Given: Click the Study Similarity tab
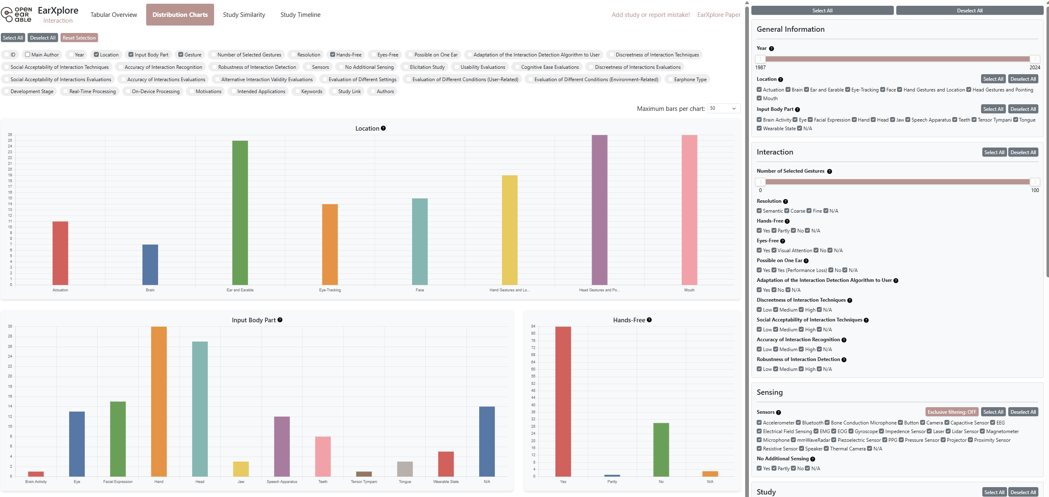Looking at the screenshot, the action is (x=244, y=15).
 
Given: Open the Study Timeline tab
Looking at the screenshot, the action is (x=300, y=15).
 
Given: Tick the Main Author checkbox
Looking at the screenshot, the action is (x=28, y=54).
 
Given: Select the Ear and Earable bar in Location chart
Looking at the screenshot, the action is (x=240, y=213).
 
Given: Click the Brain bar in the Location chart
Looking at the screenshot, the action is (x=150, y=265).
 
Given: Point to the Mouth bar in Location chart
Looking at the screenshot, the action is (x=689, y=210).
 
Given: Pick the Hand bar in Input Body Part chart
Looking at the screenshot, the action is (x=159, y=401).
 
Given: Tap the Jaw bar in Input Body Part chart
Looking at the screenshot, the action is (x=241, y=469).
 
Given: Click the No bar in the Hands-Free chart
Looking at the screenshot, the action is (x=661, y=450).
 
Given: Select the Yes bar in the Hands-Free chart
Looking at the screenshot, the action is (x=563, y=401).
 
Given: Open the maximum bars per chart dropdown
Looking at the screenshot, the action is (x=723, y=108).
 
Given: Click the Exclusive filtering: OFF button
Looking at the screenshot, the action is (x=951, y=412).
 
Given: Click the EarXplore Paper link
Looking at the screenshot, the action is (x=718, y=15).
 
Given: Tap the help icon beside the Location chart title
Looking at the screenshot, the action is (x=383, y=128).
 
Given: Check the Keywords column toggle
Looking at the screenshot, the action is (x=297, y=91).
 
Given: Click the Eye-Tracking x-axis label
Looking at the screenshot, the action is (x=330, y=290).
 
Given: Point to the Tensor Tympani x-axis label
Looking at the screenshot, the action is (x=364, y=482).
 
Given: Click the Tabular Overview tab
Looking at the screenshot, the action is (x=114, y=15).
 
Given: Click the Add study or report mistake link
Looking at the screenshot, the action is (x=650, y=15).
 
